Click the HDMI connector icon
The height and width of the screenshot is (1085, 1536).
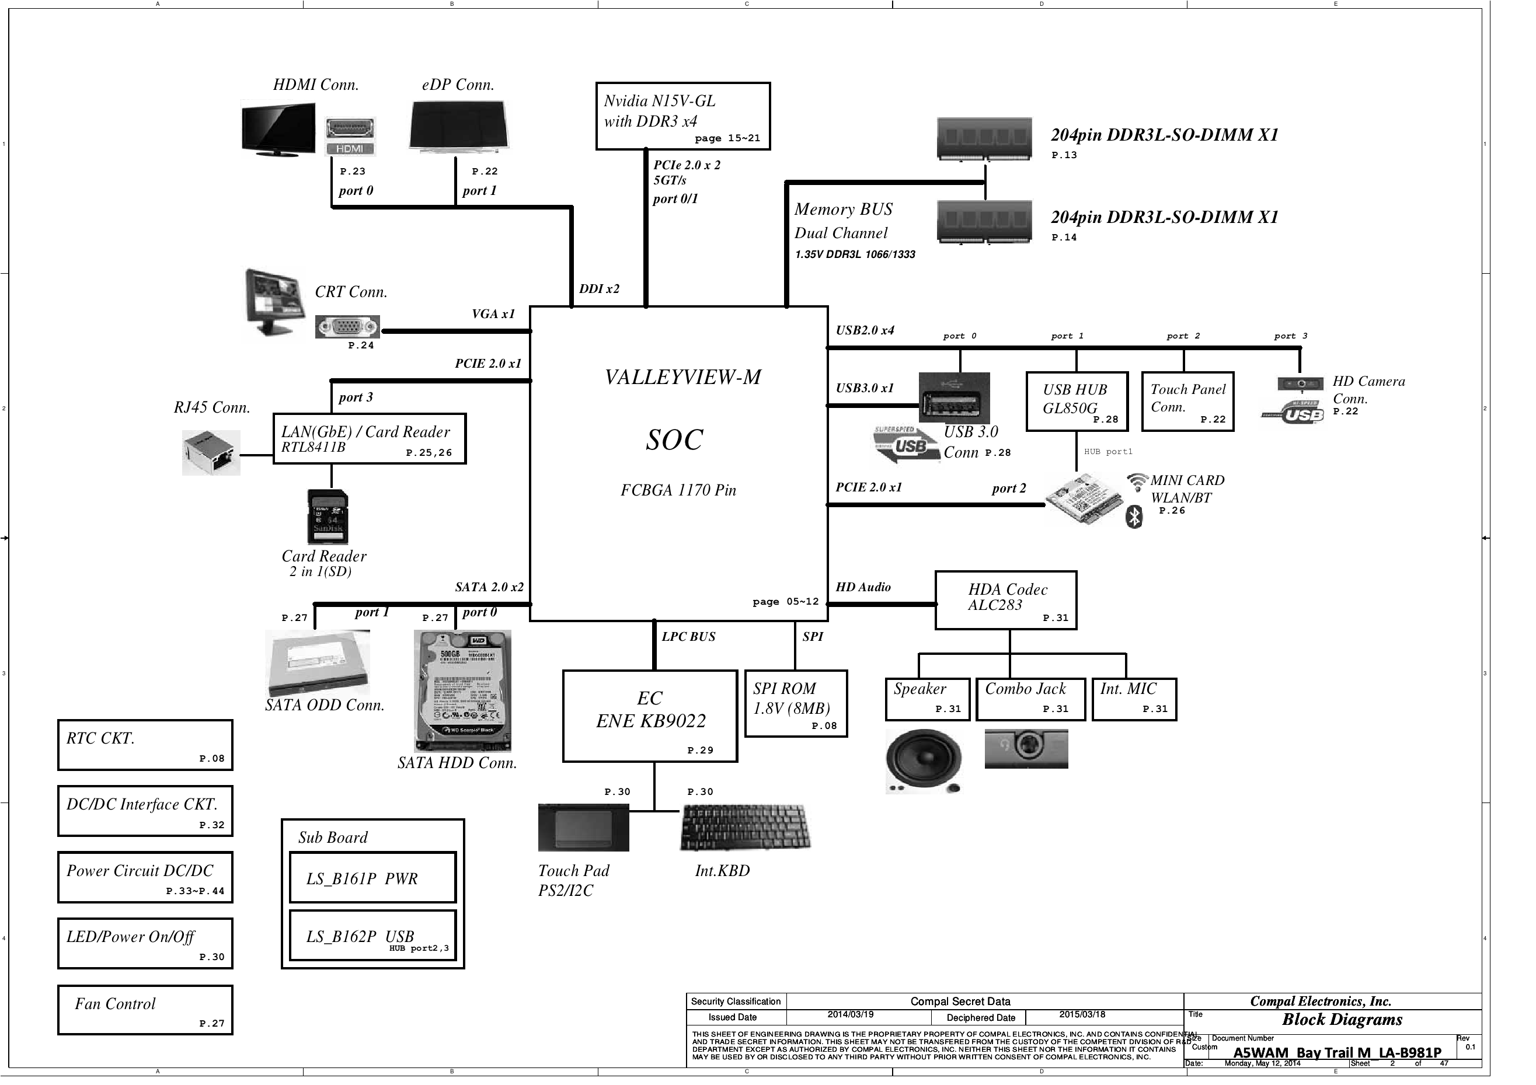pyautogui.click(x=350, y=137)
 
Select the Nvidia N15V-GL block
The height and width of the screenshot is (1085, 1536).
pyautogui.click(x=682, y=116)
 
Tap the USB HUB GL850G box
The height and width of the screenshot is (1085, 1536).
pyautogui.click(x=1076, y=402)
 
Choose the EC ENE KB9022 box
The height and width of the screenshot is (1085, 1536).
pyautogui.click(x=650, y=716)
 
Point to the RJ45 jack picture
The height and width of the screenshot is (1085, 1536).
pyautogui.click(x=211, y=453)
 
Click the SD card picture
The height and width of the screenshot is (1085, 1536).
pyautogui.click(x=328, y=517)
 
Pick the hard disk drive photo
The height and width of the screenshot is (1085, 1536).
pyautogui.click(x=462, y=690)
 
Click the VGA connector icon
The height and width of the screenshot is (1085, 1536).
pyautogui.click(x=347, y=327)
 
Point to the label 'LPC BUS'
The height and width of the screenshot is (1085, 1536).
pyautogui.click(x=688, y=637)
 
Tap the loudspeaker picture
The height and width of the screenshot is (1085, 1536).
pyautogui.click(x=923, y=761)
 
